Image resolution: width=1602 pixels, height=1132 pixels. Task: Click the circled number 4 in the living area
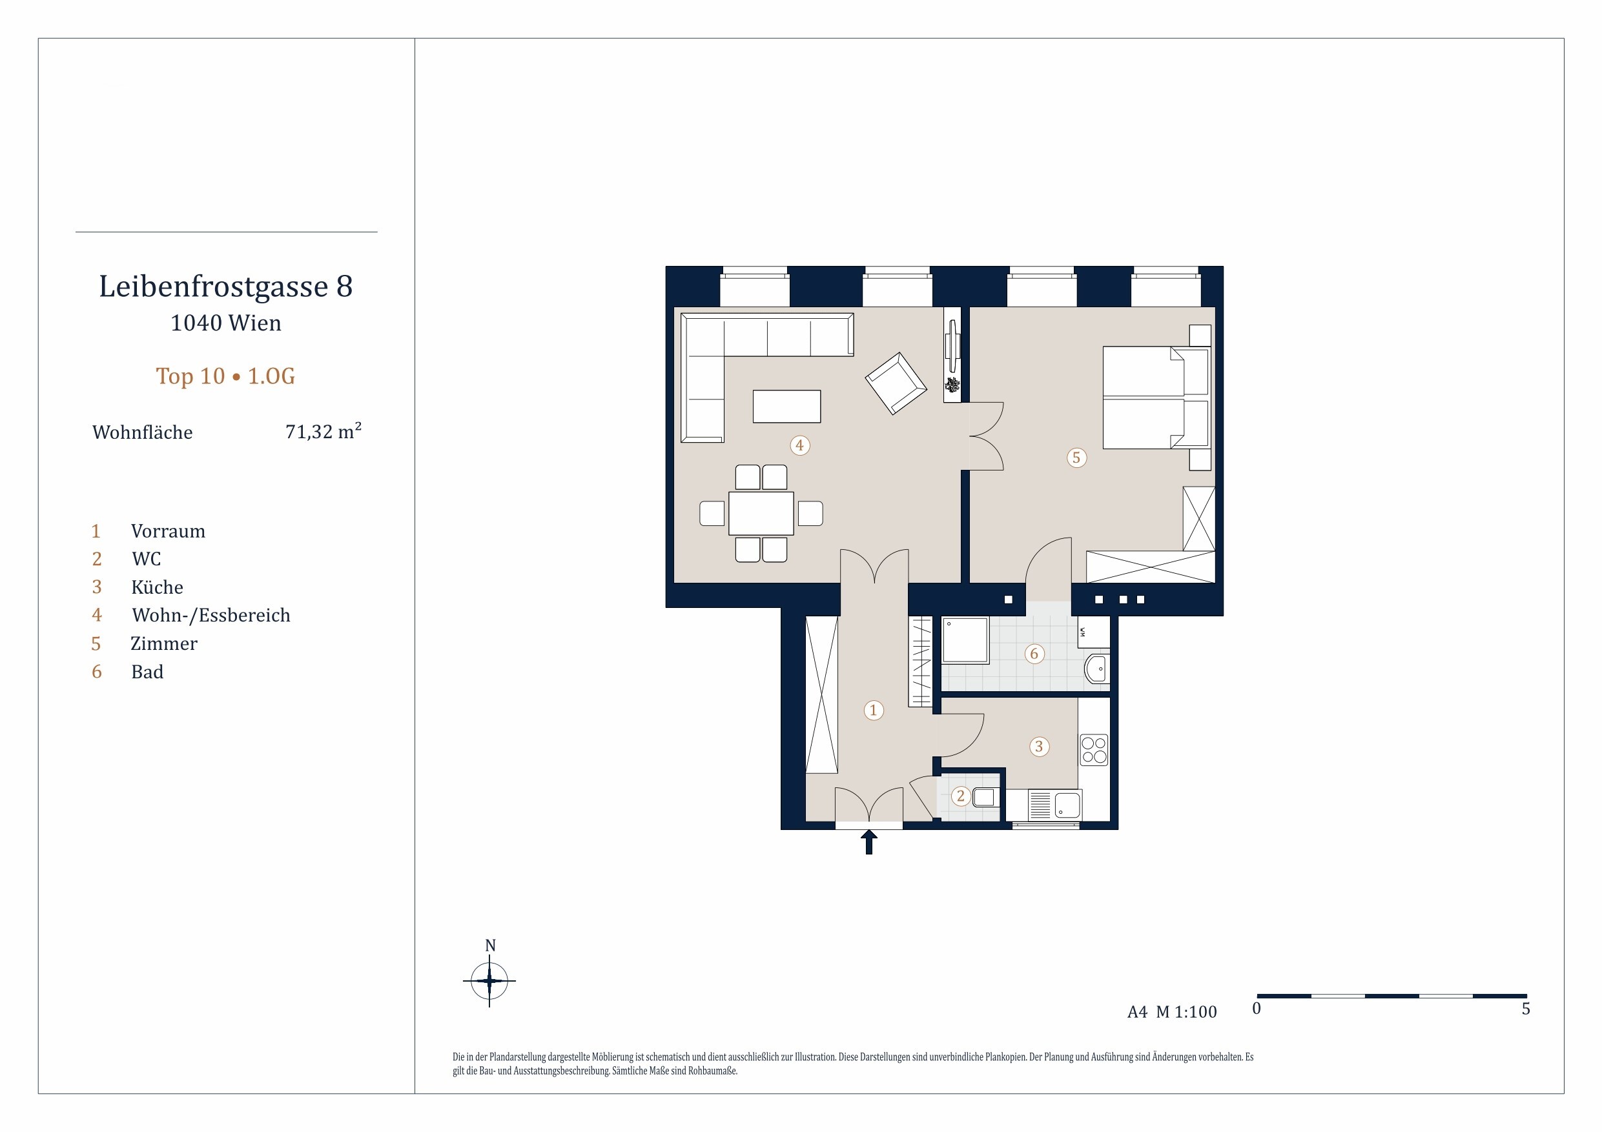799,445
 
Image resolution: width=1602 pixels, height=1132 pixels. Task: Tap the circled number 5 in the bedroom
1076,458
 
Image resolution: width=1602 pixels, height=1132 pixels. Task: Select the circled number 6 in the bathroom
1034,654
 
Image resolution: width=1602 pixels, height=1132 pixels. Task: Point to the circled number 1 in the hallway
874,710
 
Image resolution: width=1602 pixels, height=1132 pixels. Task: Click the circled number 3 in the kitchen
1039,746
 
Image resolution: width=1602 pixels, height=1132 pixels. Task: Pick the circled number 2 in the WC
961,796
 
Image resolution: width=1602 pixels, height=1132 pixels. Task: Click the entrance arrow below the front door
868,842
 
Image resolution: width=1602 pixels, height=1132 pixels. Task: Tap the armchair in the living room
896,383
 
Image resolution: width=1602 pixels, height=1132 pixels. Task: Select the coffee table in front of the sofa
786,406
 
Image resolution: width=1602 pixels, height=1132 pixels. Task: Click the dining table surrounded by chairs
761,513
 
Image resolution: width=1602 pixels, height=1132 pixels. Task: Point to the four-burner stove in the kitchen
1094,750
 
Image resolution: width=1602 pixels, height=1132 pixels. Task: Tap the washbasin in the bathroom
1097,669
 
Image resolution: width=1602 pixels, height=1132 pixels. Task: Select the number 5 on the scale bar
1526,1009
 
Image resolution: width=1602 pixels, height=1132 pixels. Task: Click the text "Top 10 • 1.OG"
225,376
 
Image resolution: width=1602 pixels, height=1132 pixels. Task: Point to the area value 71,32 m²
323,431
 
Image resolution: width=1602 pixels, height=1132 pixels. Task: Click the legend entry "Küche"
157,587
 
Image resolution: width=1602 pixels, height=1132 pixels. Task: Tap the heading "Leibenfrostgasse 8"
226,286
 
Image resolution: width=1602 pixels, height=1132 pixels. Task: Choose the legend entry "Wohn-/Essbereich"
211,615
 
